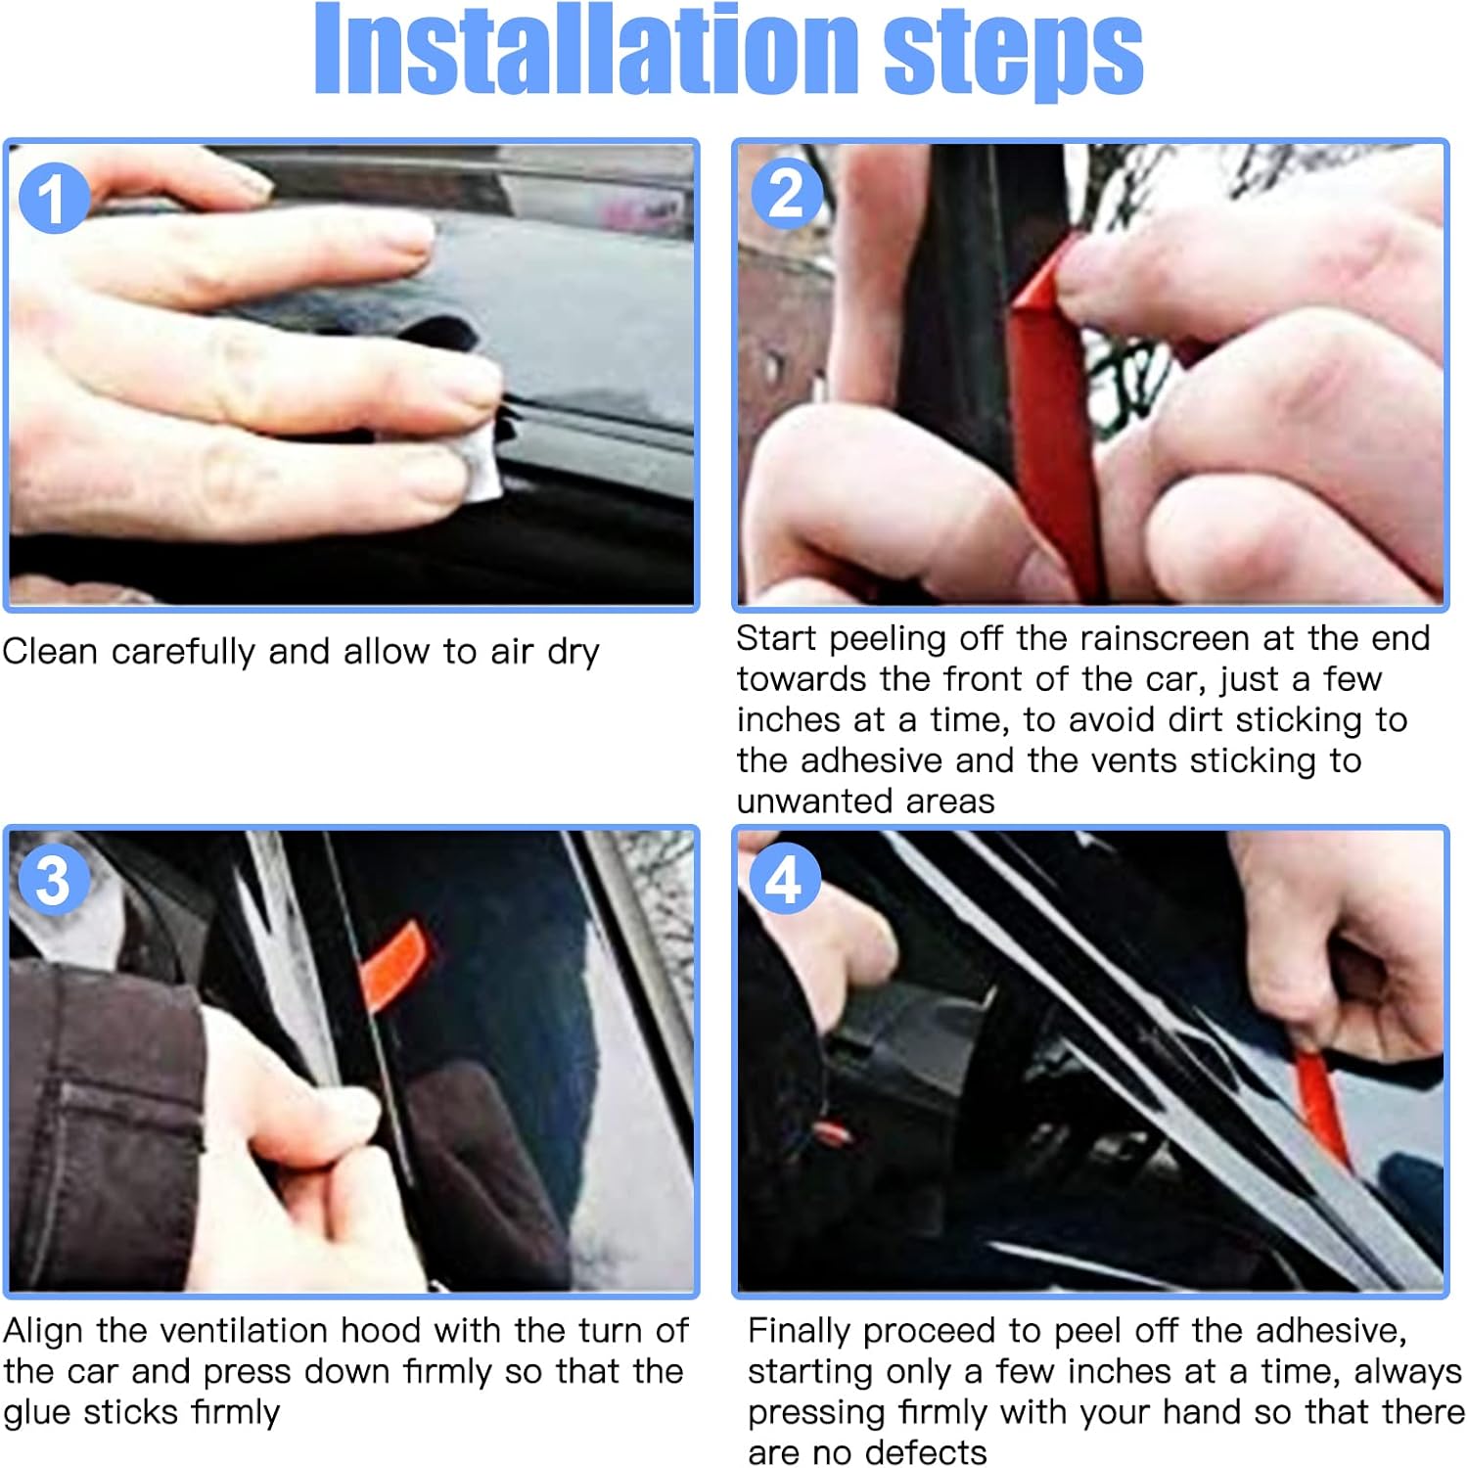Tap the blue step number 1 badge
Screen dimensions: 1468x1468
coord(55,198)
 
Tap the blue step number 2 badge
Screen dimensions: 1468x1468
coord(786,193)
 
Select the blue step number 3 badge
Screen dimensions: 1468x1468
coord(55,878)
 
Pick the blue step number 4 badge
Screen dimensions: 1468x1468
coord(784,878)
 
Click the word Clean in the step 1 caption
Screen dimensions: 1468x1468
coord(50,651)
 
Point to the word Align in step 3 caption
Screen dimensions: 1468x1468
coord(44,1331)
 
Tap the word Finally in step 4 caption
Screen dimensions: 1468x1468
coord(799,1332)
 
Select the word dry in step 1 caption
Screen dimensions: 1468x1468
coord(573,653)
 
